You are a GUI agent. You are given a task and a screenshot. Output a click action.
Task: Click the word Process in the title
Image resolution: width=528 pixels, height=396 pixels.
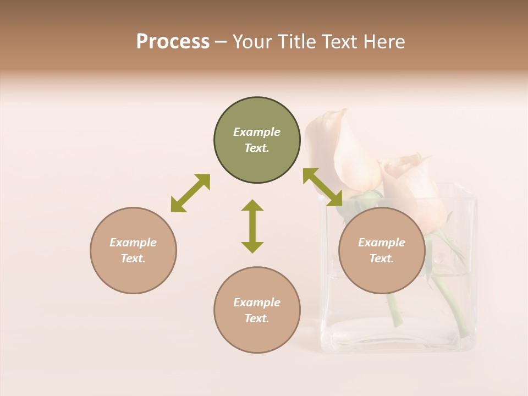coord(173,41)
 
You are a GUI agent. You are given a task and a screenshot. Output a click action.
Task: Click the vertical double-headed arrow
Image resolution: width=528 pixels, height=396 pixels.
coord(252,226)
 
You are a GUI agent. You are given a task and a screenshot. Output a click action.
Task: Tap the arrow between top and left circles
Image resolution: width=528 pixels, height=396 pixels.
coord(190,193)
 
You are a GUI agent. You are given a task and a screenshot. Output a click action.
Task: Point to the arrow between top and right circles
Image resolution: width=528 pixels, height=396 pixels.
coord(323,187)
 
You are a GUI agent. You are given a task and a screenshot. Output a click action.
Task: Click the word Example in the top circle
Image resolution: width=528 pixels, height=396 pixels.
coord(257,132)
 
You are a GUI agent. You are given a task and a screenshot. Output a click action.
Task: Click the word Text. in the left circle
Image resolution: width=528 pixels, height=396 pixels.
coord(133,258)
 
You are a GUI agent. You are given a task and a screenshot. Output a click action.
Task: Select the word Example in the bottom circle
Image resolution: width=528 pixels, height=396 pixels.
coord(257,302)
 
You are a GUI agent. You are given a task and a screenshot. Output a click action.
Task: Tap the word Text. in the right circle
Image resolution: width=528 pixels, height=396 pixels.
coord(382,258)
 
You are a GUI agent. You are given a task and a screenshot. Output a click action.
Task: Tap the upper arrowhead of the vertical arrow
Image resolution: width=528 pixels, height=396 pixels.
coord(252,205)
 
